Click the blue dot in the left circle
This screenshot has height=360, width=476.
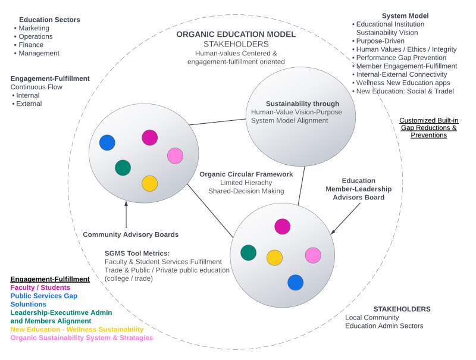click(107, 143)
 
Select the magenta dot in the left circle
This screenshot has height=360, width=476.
click(150, 137)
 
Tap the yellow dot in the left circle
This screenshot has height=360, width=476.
click(149, 183)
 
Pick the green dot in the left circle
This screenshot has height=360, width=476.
click(123, 168)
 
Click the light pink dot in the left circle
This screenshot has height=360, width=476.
click(175, 156)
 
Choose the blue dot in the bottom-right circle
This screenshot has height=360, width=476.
click(295, 282)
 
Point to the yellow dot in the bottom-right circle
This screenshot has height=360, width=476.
click(274, 257)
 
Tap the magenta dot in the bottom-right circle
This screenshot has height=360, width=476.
click(282, 226)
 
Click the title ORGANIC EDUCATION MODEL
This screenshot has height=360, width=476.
click(236, 34)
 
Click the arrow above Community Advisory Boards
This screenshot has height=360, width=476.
click(126, 215)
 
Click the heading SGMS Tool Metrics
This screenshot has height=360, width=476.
click(137, 253)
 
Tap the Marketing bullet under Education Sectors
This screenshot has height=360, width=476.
click(34, 28)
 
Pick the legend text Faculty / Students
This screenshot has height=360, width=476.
click(40, 287)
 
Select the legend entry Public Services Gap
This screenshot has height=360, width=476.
click(43, 296)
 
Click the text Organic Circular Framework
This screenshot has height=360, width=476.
click(246, 174)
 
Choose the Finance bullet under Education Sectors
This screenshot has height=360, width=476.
click(31, 45)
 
